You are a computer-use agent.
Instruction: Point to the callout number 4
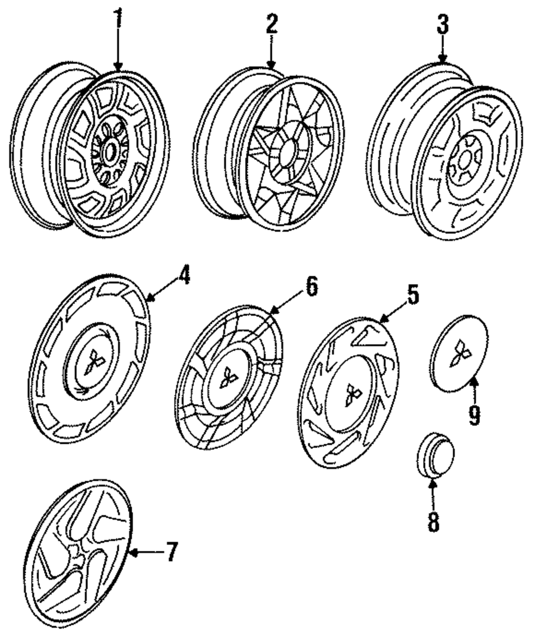184,277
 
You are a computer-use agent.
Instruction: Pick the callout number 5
412,294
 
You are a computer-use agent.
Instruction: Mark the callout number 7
172,552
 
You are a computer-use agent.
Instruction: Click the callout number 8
433,521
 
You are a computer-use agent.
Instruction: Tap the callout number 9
474,415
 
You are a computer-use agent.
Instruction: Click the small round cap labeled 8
435,454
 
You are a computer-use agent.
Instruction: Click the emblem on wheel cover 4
94,361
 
